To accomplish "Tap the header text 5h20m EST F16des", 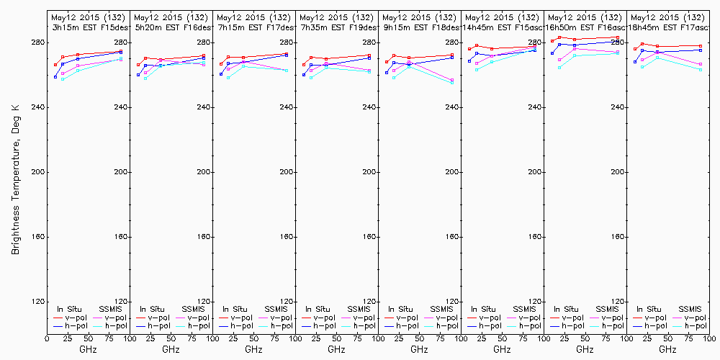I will [x=171, y=27].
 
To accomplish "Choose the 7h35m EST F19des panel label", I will [x=336, y=27].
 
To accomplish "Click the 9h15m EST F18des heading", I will [x=419, y=27].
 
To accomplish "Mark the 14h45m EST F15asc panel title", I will [x=502, y=27].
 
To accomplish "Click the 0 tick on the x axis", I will [x=47, y=337].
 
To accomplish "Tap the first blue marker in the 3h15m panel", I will [x=55, y=77].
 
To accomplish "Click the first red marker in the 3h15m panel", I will [x=55, y=65].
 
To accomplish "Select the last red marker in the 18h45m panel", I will [x=701, y=46].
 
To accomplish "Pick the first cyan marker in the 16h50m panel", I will [x=559, y=68].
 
